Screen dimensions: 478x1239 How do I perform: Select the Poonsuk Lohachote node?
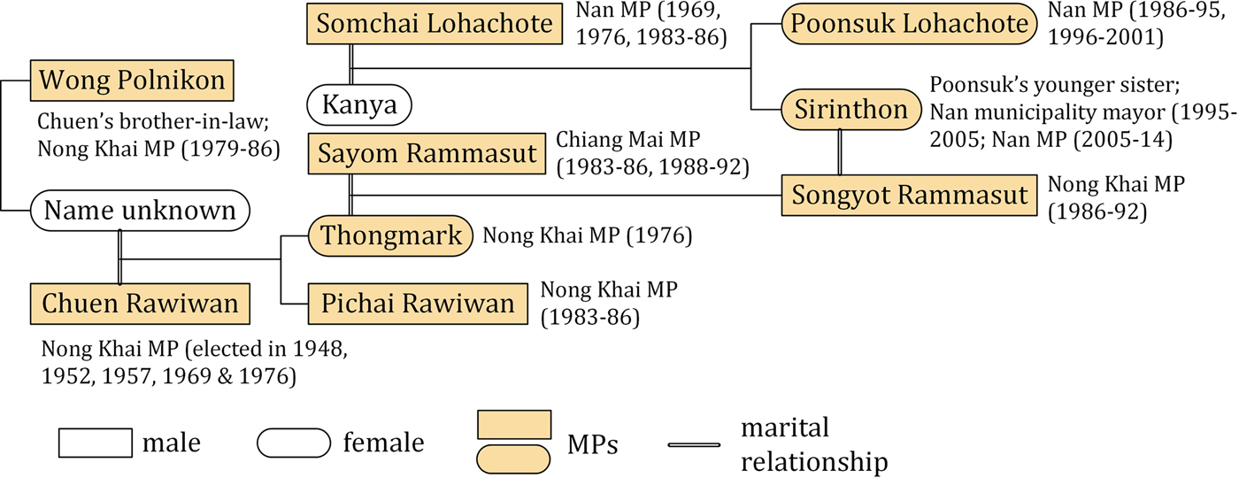coord(897,25)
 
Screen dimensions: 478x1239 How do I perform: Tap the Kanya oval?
coord(360,104)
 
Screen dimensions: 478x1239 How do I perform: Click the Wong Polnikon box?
coord(132,82)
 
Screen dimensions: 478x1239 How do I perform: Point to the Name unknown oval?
coord(140,211)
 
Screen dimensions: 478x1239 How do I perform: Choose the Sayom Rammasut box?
coord(423,155)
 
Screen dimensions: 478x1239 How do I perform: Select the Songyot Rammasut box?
coord(909,195)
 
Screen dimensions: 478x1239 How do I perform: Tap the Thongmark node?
coord(390,236)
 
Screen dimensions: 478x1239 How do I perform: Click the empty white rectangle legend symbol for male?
coord(93,442)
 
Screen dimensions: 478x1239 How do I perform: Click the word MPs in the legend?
coord(592,445)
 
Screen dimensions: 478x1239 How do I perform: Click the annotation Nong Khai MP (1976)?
coord(587,236)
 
